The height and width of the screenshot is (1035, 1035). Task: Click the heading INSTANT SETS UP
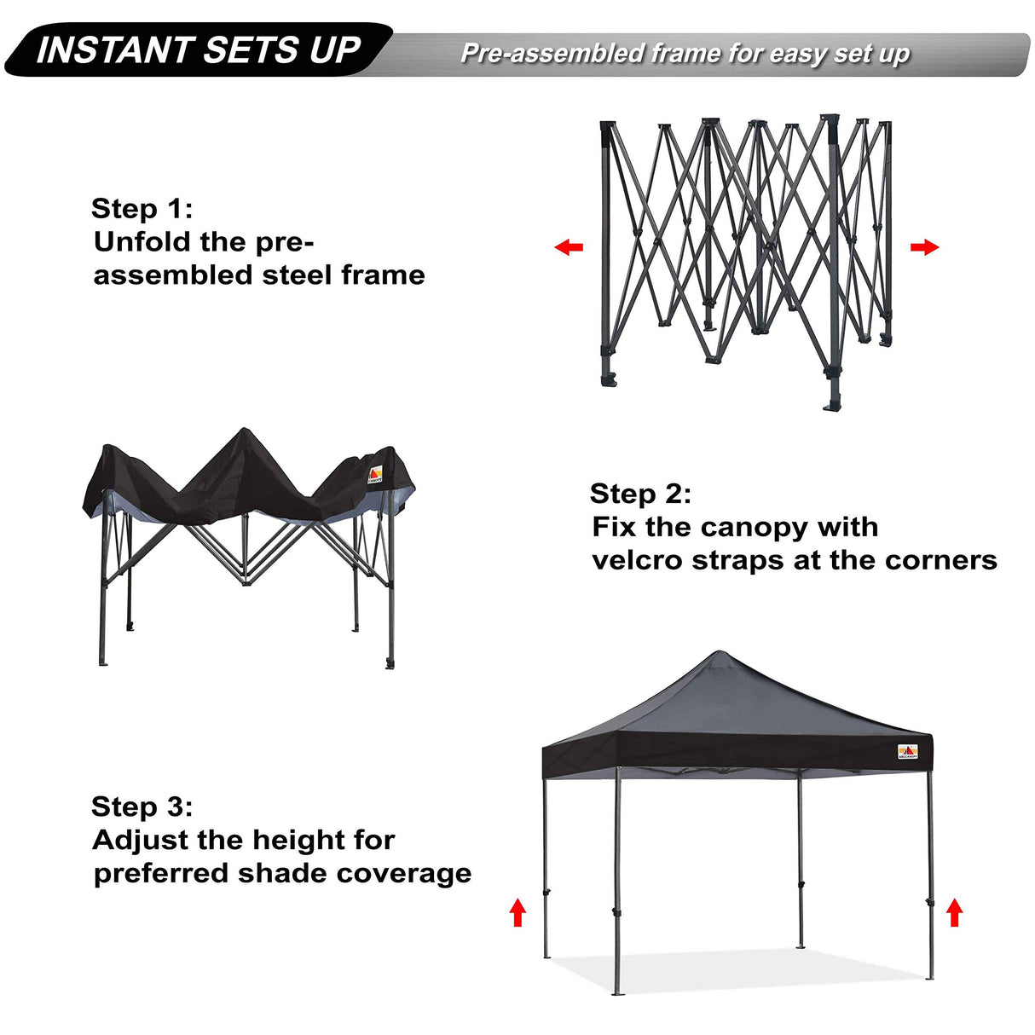(x=199, y=50)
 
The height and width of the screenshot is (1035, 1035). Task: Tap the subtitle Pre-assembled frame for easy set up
(x=685, y=54)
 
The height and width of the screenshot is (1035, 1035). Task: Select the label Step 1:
(x=142, y=209)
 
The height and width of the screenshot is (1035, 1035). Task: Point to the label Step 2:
(x=640, y=494)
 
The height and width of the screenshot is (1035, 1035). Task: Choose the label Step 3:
(x=142, y=807)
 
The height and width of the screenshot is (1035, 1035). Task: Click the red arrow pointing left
(x=569, y=247)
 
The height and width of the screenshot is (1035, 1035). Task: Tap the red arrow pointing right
(x=924, y=247)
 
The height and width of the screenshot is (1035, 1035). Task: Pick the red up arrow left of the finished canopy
(x=517, y=912)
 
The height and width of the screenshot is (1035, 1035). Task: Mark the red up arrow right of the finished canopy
(x=955, y=913)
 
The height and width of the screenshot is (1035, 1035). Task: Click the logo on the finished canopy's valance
(x=908, y=752)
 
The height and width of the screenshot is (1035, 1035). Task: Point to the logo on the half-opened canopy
(x=375, y=475)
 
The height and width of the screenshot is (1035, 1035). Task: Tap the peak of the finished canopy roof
(x=719, y=654)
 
